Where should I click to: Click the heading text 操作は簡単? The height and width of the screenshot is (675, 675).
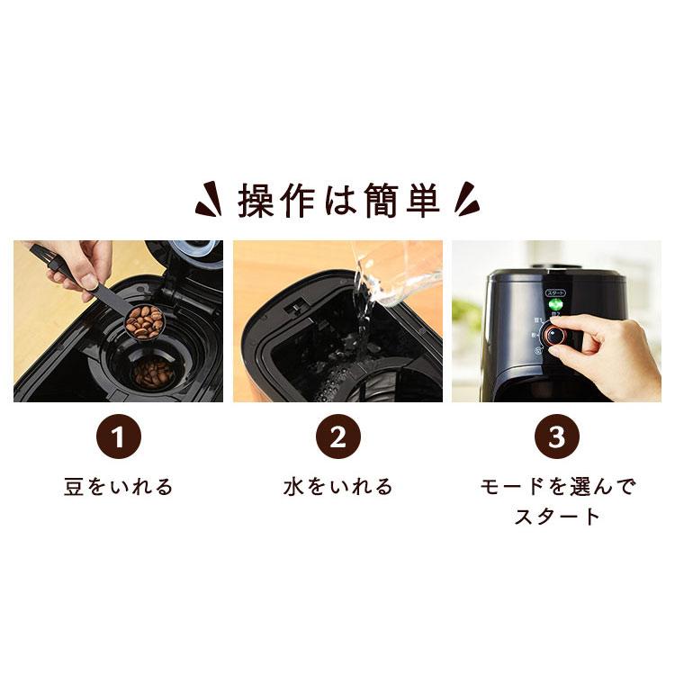(338, 201)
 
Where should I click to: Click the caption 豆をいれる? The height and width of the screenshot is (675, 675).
(119, 488)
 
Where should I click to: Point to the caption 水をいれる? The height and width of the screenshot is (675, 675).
(337, 488)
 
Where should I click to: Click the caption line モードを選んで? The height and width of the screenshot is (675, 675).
(556, 488)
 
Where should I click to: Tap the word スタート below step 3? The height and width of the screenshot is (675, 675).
(556, 517)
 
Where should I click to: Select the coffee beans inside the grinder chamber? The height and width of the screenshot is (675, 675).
(151, 371)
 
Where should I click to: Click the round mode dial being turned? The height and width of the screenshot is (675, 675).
(556, 336)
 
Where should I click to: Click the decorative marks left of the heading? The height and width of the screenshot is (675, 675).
(209, 201)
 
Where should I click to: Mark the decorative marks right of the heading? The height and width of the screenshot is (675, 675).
(466, 201)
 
